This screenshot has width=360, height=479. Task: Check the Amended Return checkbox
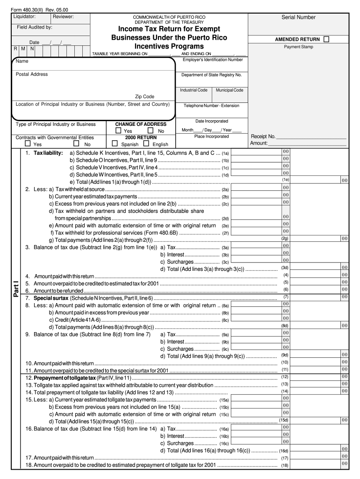pyautogui.click(x=326, y=39)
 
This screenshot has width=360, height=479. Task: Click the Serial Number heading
pyautogui.click(x=298, y=17)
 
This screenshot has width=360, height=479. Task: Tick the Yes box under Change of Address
pyautogui.click(x=119, y=131)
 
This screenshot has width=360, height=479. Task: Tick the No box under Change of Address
pyautogui.click(x=151, y=131)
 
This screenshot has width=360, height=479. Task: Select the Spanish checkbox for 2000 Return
pyautogui.click(x=115, y=144)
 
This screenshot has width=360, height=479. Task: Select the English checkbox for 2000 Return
pyautogui.click(x=146, y=144)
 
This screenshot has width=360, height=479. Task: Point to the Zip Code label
pyautogui.click(x=144, y=97)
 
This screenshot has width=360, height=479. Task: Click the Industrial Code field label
pyautogui.click(x=194, y=90)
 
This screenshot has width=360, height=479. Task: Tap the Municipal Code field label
pyautogui.click(x=229, y=90)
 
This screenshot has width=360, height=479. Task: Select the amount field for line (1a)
pyautogui.click(x=256, y=152)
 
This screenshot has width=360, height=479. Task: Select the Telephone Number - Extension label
pyautogui.click(x=211, y=106)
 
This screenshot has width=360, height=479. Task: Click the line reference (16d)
pyautogui.click(x=284, y=451)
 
